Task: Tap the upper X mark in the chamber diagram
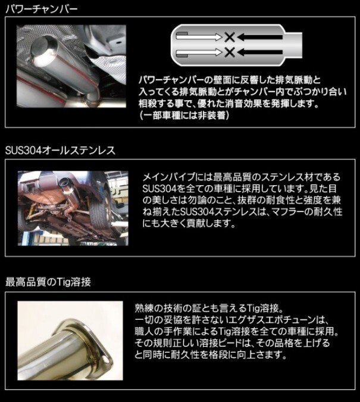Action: click(x=229, y=37)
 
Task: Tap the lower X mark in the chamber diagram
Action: click(x=229, y=52)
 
